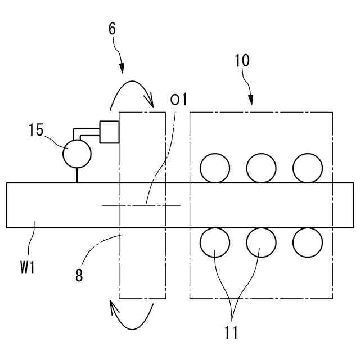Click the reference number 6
[x=112, y=28]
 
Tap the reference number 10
[x=242, y=61]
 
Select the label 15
[x=37, y=130]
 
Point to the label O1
[x=178, y=100]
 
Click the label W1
[x=28, y=268]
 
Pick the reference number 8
[x=79, y=276]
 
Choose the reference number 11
[x=231, y=332]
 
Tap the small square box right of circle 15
[x=109, y=132]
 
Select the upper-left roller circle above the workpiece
[x=215, y=168]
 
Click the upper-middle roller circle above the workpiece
[x=262, y=168]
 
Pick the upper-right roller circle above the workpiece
[x=308, y=168]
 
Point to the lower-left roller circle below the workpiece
[x=215, y=242]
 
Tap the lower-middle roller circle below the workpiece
[x=262, y=242]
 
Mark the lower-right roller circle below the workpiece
[x=308, y=242]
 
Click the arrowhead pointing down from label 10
[x=250, y=101]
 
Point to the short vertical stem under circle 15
[x=77, y=175]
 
